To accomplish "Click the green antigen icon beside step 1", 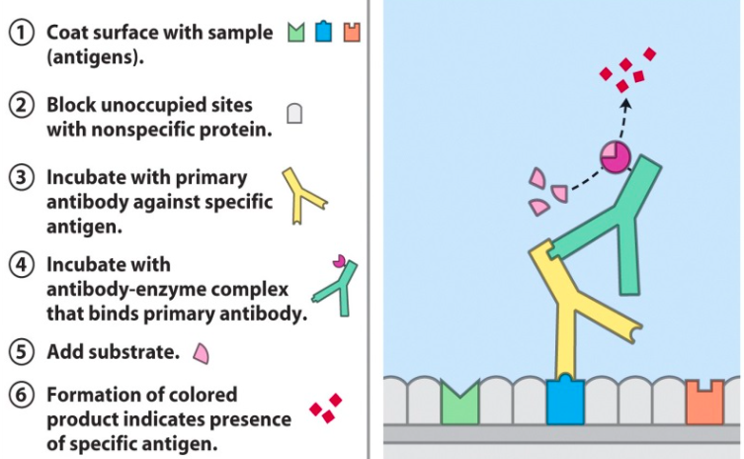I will (295, 32).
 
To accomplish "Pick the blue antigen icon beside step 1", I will (323, 32).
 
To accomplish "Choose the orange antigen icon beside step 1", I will (351, 32).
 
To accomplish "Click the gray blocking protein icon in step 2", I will (294, 114).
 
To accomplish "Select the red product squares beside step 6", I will (325, 408).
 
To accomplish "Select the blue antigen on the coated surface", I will (564, 401).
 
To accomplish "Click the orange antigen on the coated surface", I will (705, 402).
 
